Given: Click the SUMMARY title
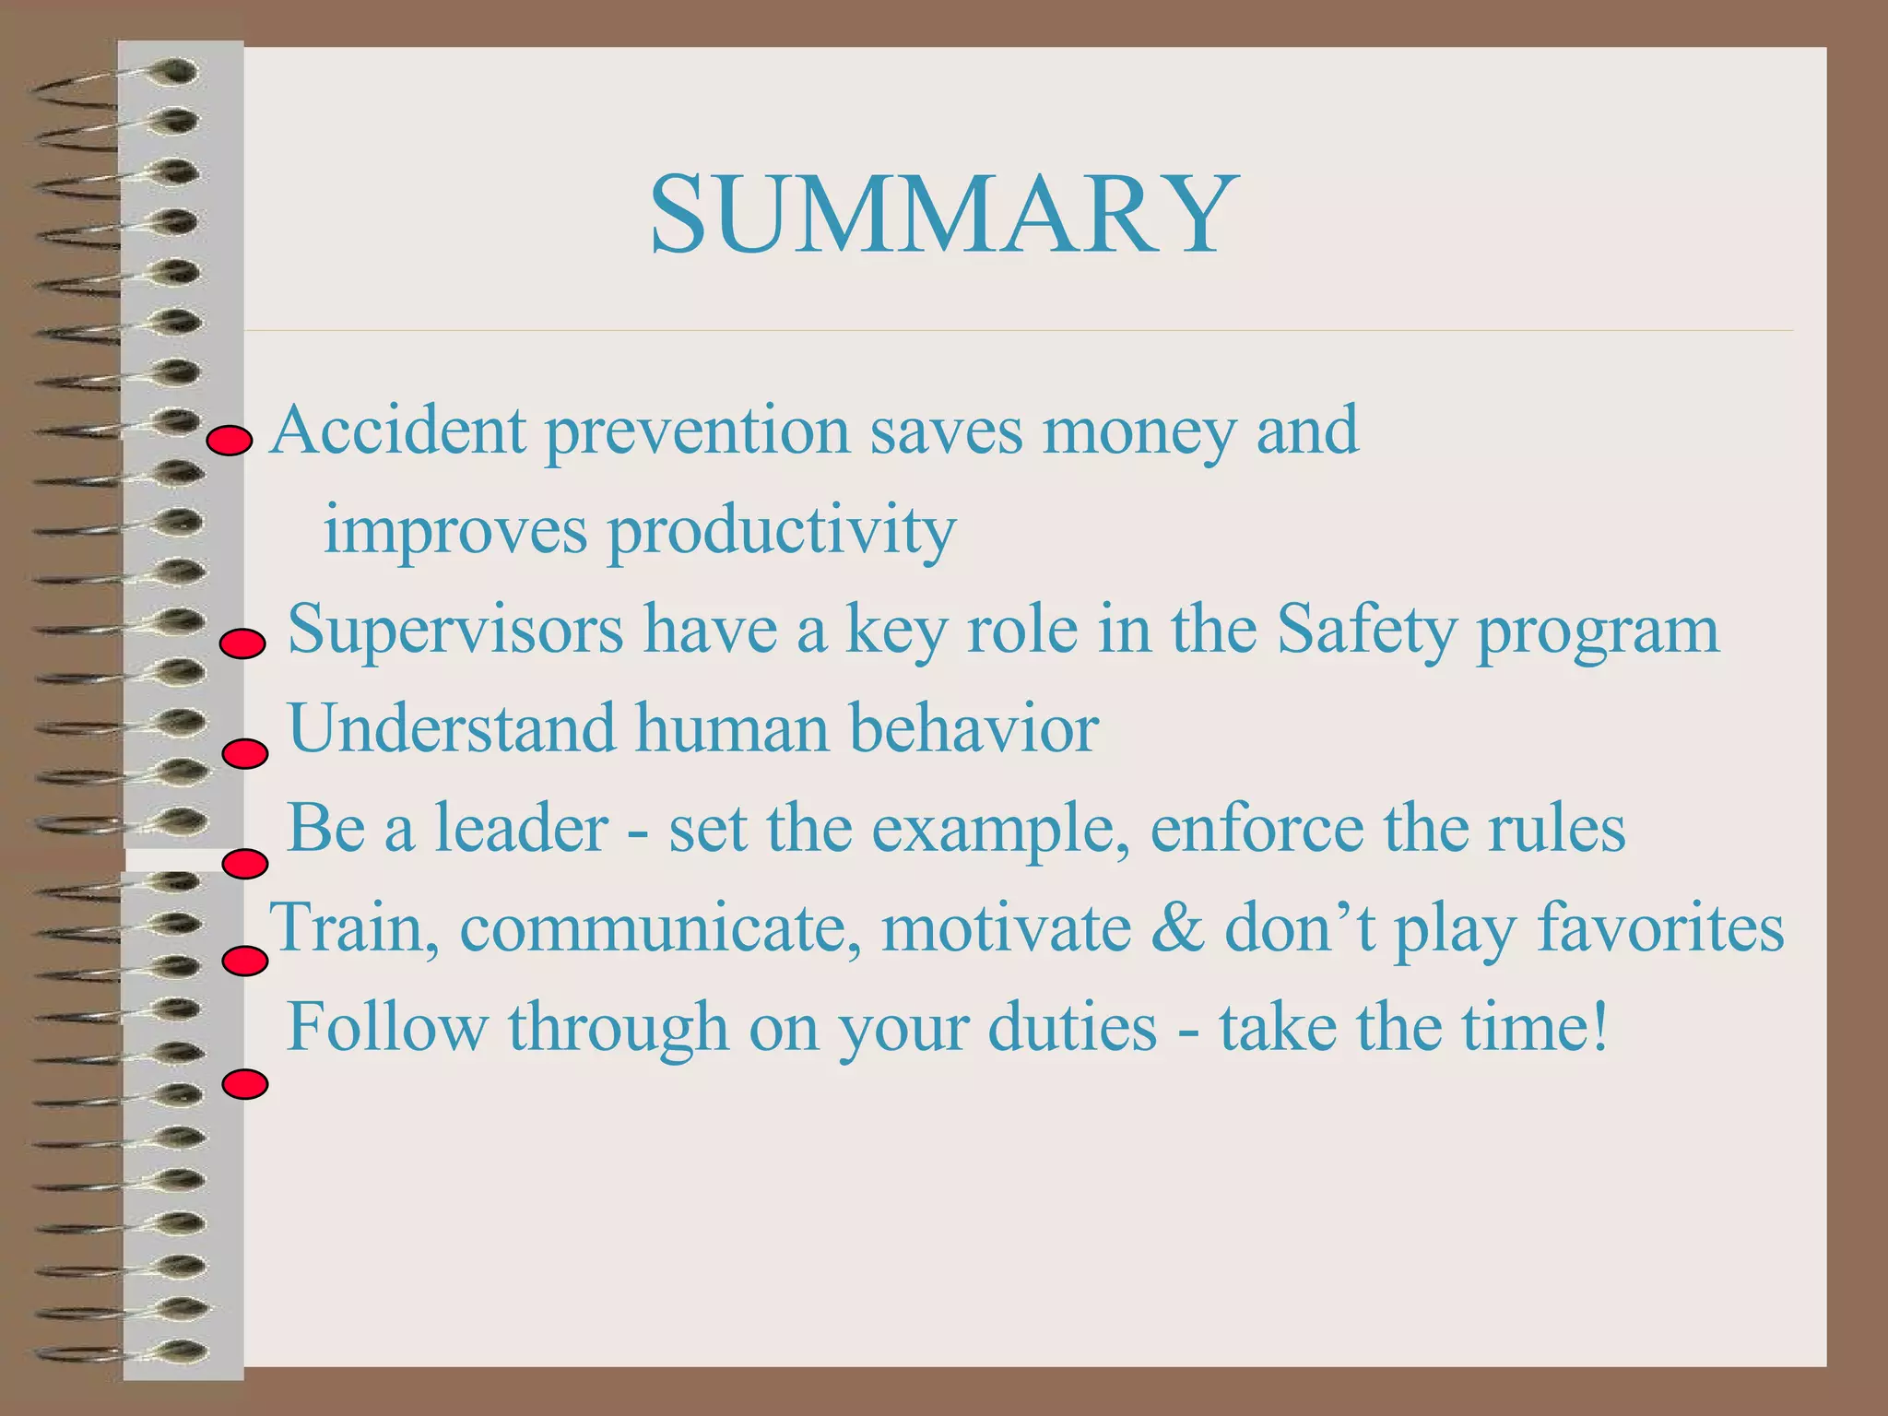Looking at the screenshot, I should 944,216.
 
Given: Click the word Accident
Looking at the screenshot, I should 399,431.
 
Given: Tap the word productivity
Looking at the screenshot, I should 781,532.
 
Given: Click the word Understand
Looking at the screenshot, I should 452,728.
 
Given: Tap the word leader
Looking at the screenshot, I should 521,828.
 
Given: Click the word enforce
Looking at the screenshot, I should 1256,828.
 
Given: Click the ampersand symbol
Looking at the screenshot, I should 1177,927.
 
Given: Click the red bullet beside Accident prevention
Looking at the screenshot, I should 229,442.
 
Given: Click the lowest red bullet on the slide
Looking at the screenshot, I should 245,1084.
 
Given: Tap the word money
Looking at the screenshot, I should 1139,431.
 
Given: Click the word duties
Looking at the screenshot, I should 1072,1027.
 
